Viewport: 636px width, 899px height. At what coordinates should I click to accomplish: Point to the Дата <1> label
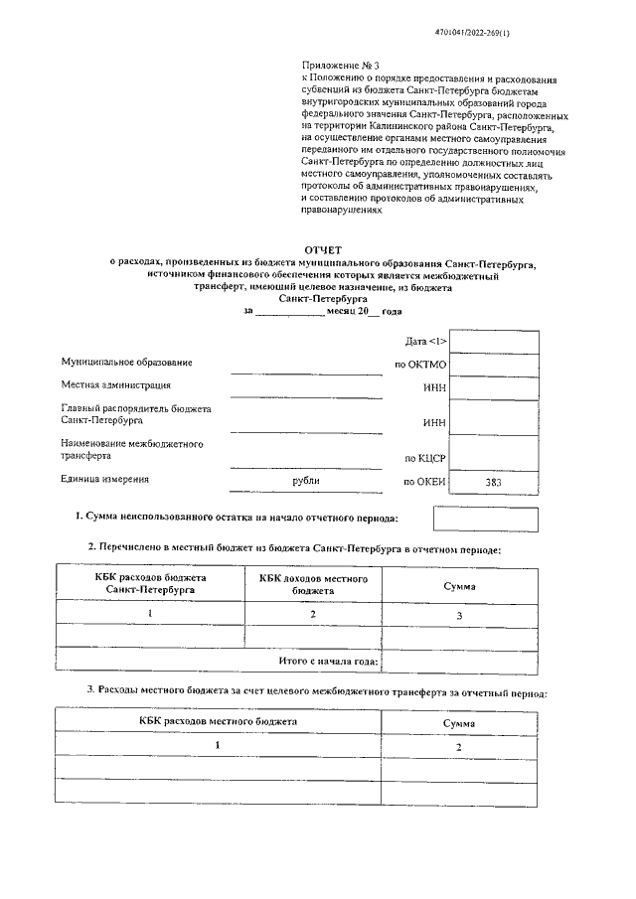click(426, 341)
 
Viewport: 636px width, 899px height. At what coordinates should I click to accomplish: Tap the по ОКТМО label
click(421, 365)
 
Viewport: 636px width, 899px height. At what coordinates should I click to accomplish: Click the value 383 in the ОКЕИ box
click(494, 482)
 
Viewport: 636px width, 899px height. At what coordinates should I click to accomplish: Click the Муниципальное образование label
click(126, 362)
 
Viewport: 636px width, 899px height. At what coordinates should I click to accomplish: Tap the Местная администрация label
click(116, 384)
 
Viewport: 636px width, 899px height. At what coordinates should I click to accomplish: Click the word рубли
click(305, 481)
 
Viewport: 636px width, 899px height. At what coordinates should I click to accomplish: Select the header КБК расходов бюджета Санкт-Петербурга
click(150, 583)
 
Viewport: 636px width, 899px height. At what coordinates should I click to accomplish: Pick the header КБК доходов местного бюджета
click(313, 583)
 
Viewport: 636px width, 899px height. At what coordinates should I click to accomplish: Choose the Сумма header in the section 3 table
click(459, 723)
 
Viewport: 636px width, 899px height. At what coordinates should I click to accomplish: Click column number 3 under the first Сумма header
click(459, 616)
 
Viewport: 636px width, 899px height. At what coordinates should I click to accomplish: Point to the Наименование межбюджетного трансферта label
click(132, 449)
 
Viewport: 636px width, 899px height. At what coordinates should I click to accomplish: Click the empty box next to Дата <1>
click(494, 342)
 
